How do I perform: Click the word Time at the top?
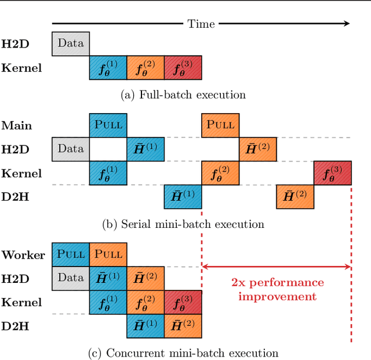click(x=201, y=24)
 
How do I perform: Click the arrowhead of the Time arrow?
click(x=347, y=23)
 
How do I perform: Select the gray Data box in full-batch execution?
click(x=71, y=43)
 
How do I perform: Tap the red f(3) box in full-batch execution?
click(x=183, y=68)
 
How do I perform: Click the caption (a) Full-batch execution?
click(x=183, y=94)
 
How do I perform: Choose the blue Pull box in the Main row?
click(x=108, y=125)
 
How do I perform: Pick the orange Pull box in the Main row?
click(x=220, y=125)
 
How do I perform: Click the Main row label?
click(x=17, y=125)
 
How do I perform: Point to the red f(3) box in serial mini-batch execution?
click(x=333, y=173)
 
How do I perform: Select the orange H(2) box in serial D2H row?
click(x=295, y=197)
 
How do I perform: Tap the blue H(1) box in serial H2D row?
click(x=146, y=149)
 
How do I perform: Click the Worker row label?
click(x=23, y=255)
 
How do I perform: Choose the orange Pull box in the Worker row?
click(x=108, y=254)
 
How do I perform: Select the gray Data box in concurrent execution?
click(x=71, y=278)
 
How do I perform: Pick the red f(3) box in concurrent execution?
click(x=183, y=302)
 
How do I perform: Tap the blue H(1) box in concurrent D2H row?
click(x=146, y=326)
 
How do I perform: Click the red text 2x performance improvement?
click(x=277, y=289)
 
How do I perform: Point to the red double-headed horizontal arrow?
click(x=277, y=267)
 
